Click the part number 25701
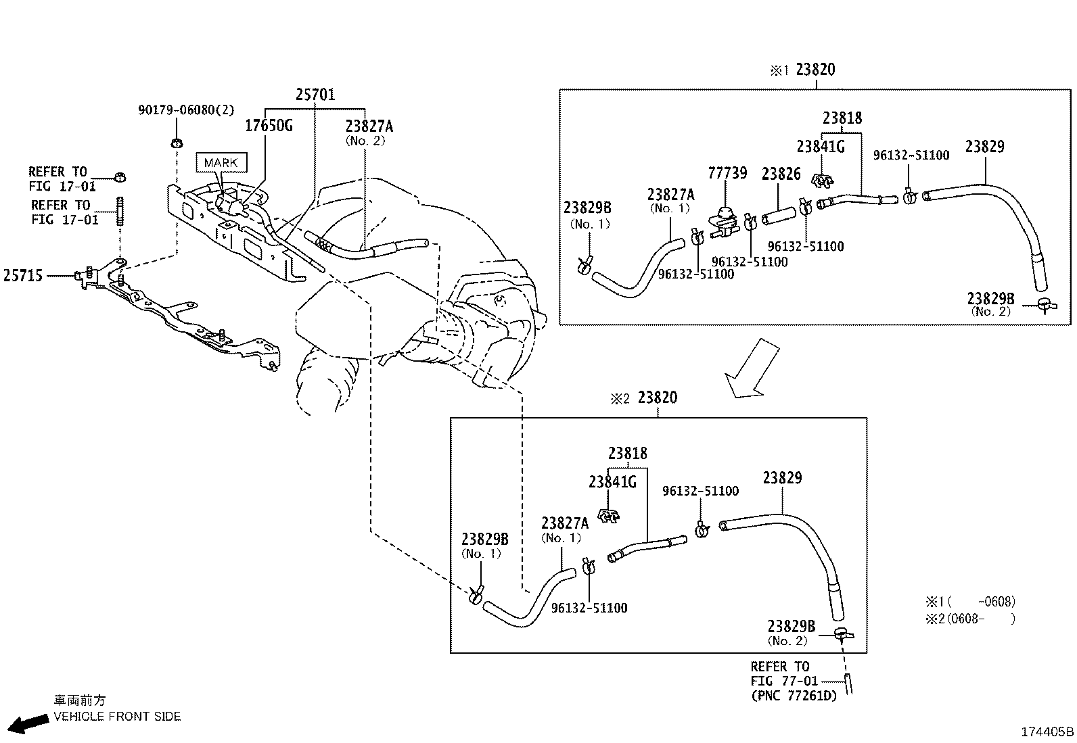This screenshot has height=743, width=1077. (x=315, y=94)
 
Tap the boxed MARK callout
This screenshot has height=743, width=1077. (x=221, y=162)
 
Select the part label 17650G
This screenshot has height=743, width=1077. (x=269, y=126)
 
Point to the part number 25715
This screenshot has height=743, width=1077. (x=23, y=275)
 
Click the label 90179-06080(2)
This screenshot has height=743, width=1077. (x=186, y=110)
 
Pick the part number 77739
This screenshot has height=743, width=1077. (x=727, y=173)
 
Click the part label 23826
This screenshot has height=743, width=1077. (x=781, y=174)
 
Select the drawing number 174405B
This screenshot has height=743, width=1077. (x=1047, y=732)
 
